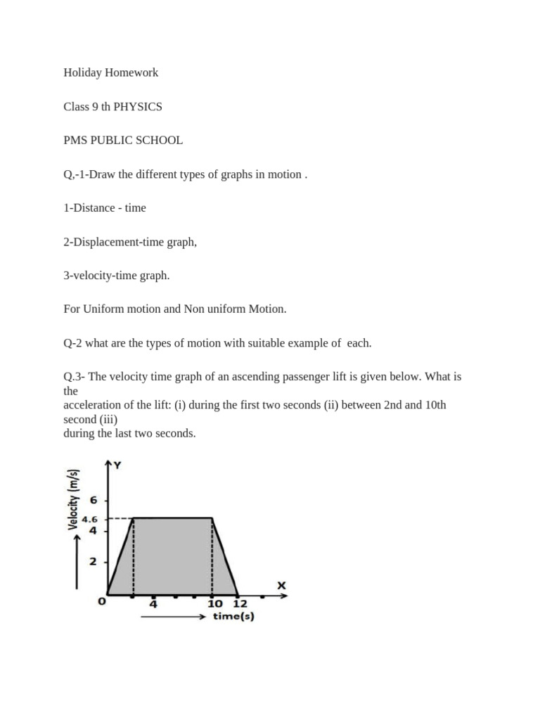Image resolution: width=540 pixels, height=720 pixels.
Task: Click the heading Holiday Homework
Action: tap(110, 72)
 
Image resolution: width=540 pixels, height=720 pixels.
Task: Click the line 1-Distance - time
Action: tap(105, 207)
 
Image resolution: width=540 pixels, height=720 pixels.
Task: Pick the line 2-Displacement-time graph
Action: tap(130, 241)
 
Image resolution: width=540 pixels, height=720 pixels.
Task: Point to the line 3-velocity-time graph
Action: tap(117, 275)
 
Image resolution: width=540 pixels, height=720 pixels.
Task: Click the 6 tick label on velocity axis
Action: tap(98, 500)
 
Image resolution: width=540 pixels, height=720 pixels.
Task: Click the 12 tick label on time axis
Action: tap(240, 603)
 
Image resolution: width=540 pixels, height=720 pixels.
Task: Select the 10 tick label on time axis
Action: tap(215, 603)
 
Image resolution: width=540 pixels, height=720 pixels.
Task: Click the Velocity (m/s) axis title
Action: tap(73, 500)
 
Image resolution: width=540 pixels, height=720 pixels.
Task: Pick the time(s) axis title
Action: tap(233, 617)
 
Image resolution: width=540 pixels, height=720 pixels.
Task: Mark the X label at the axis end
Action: tap(281, 585)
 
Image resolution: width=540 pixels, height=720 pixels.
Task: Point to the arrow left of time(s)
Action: tap(172, 617)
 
